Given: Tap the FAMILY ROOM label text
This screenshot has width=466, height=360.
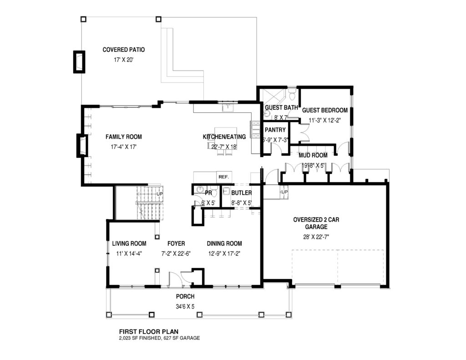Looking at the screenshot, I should click(123, 137).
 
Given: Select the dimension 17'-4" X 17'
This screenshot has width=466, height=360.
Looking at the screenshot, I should click(123, 147).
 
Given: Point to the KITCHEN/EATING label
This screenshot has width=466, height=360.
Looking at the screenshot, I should click(224, 137).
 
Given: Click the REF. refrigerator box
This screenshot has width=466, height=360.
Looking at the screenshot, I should click(223, 177).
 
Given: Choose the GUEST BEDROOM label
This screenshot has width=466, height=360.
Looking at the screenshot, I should click(325, 110).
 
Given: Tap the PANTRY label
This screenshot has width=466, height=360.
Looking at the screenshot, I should click(275, 130).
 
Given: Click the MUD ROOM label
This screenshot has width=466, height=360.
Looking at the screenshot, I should click(313, 155).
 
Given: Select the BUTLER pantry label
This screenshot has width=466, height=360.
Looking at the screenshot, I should click(241, 193).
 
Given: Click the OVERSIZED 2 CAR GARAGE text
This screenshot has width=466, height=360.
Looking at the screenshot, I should click(316, 223).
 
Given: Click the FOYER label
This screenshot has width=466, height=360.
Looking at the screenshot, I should click(176, 243).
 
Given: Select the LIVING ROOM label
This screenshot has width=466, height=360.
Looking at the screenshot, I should click(129, 243).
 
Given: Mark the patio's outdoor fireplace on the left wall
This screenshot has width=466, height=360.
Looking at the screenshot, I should click(79, 61).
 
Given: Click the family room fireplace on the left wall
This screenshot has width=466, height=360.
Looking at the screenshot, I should click(82, 146).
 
